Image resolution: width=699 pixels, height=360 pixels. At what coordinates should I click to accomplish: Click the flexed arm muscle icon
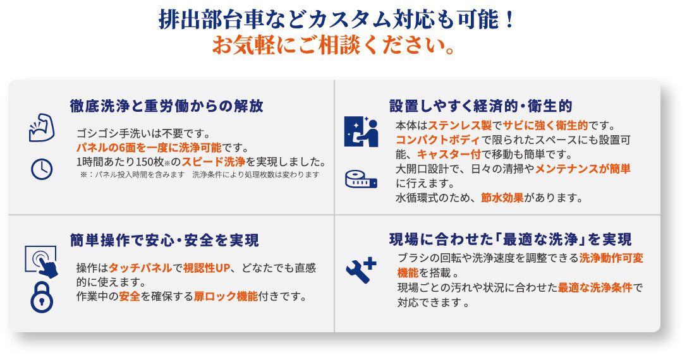point(42,128)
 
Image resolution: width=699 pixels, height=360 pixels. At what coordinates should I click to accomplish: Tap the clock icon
point(42,169)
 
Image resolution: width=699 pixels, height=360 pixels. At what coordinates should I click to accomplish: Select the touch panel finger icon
point(42,262)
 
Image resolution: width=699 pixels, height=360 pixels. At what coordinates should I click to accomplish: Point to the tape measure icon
point(361,179)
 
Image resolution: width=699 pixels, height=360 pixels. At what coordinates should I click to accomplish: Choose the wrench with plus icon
point(361,270)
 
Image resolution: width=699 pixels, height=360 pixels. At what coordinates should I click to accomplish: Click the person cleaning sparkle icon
point(361,132)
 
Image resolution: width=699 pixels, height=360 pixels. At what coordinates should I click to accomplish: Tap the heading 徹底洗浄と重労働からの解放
point(167,106)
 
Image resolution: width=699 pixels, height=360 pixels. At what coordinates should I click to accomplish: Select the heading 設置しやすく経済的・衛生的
point(480,106)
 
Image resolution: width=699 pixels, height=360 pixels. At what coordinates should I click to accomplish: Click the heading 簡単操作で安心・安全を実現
point(164,240)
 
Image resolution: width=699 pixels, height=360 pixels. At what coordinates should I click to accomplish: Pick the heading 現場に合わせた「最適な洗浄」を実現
point(511,239)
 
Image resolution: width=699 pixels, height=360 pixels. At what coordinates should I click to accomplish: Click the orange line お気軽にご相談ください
point(334,45)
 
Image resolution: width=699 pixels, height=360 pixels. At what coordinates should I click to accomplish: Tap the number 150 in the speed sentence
point(145,162)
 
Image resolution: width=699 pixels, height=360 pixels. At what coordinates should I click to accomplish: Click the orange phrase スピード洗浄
point(214,162)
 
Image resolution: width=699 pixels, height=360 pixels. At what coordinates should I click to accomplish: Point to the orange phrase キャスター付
point(449,155)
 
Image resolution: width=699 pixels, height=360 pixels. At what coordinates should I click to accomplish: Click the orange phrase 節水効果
point(502,198)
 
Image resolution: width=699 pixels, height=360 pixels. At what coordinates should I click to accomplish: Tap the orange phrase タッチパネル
point(140,268)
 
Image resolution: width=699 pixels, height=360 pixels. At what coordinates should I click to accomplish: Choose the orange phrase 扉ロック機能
point(226,296)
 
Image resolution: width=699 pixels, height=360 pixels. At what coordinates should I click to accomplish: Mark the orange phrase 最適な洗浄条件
point(595,288)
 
